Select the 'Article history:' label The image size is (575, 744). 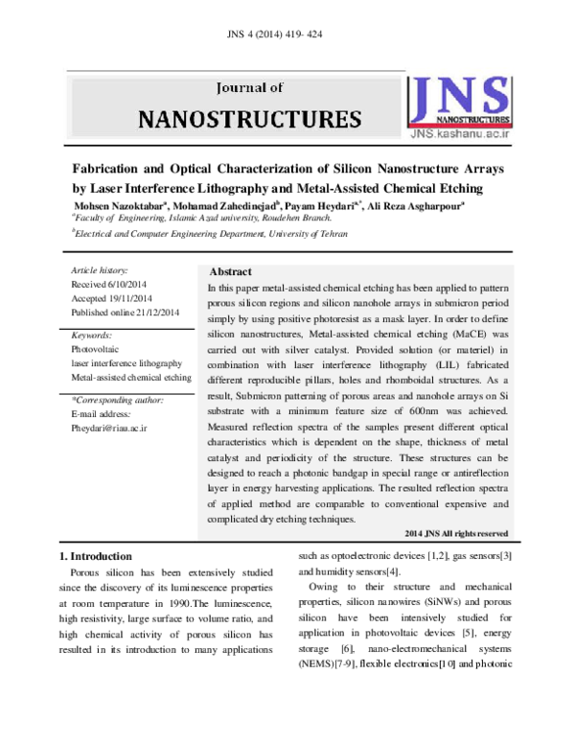(x=100, y=271)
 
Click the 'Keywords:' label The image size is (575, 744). (x=92, y=337)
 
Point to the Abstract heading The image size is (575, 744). (x=230, y=272)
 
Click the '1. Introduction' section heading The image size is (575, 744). (x=98, y=556)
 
